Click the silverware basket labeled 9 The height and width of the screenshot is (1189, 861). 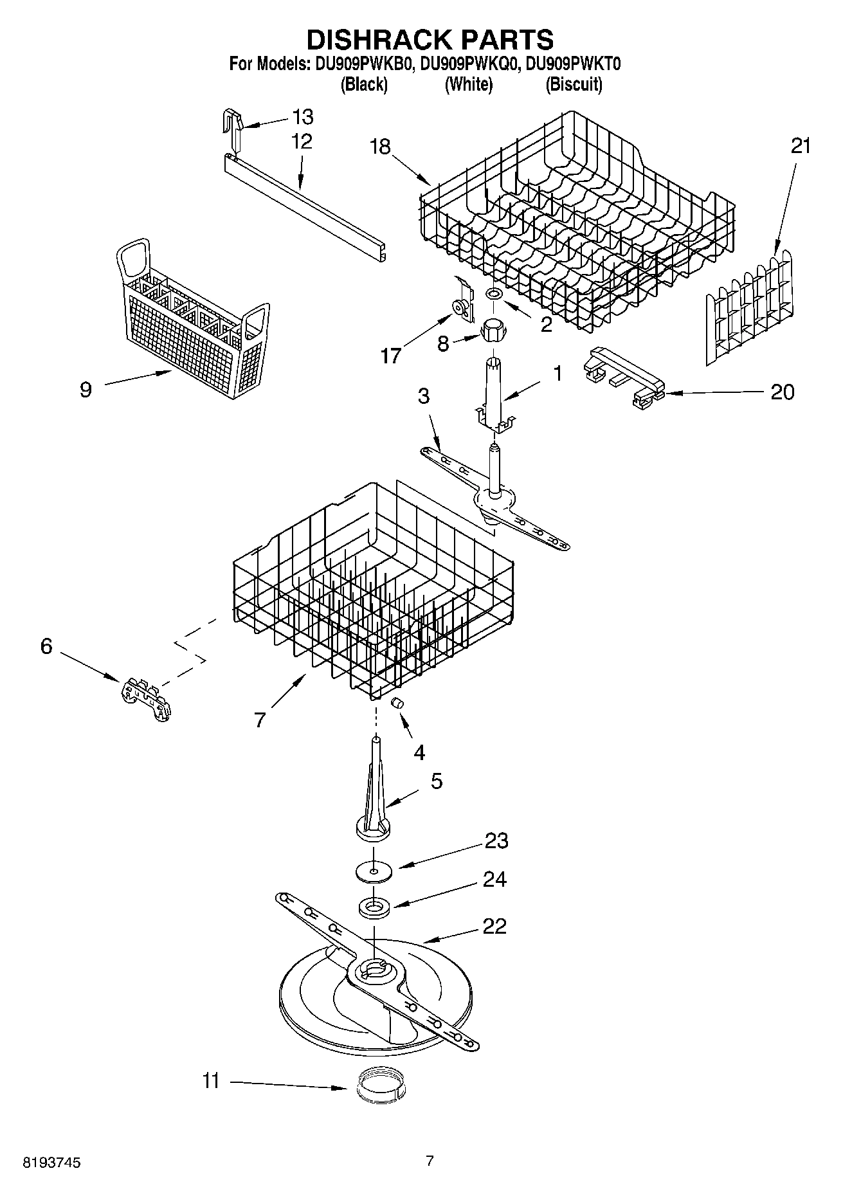[x=193, y=322]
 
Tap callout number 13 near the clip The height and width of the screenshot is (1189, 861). [x=302, y=117]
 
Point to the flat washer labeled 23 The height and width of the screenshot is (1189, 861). [x=374, y=872]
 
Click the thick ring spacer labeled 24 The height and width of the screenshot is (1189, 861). [x=375, y=908]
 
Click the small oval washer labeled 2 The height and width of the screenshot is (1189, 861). [x=494, y=294]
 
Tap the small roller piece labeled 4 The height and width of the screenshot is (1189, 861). [x=398, y=703]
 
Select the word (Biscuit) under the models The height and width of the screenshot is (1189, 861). [x=574, y=84]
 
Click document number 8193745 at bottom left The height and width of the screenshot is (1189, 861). [x=52, y=1163]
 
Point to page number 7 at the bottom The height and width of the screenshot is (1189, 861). [x=430, y=1160]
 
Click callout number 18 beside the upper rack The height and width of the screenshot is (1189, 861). [x=380, y=147]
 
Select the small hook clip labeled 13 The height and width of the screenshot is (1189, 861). [x=232, y=125]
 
